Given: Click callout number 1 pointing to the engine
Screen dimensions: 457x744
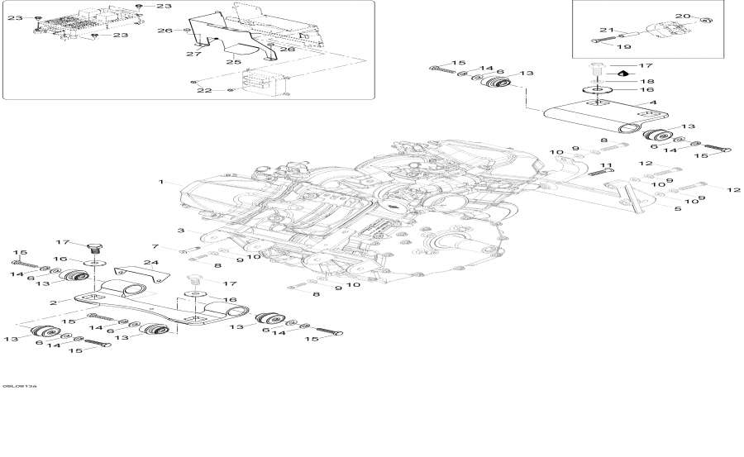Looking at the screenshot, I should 162,181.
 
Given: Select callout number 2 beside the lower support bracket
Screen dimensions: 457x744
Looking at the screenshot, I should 54,303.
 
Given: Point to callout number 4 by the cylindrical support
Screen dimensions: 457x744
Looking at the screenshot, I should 652,103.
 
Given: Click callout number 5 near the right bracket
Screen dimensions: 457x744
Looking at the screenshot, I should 678,209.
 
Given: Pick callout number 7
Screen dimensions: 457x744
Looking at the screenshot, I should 154,246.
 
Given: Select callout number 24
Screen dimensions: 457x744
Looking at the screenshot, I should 150,263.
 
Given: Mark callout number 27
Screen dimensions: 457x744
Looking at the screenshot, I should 193,55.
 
